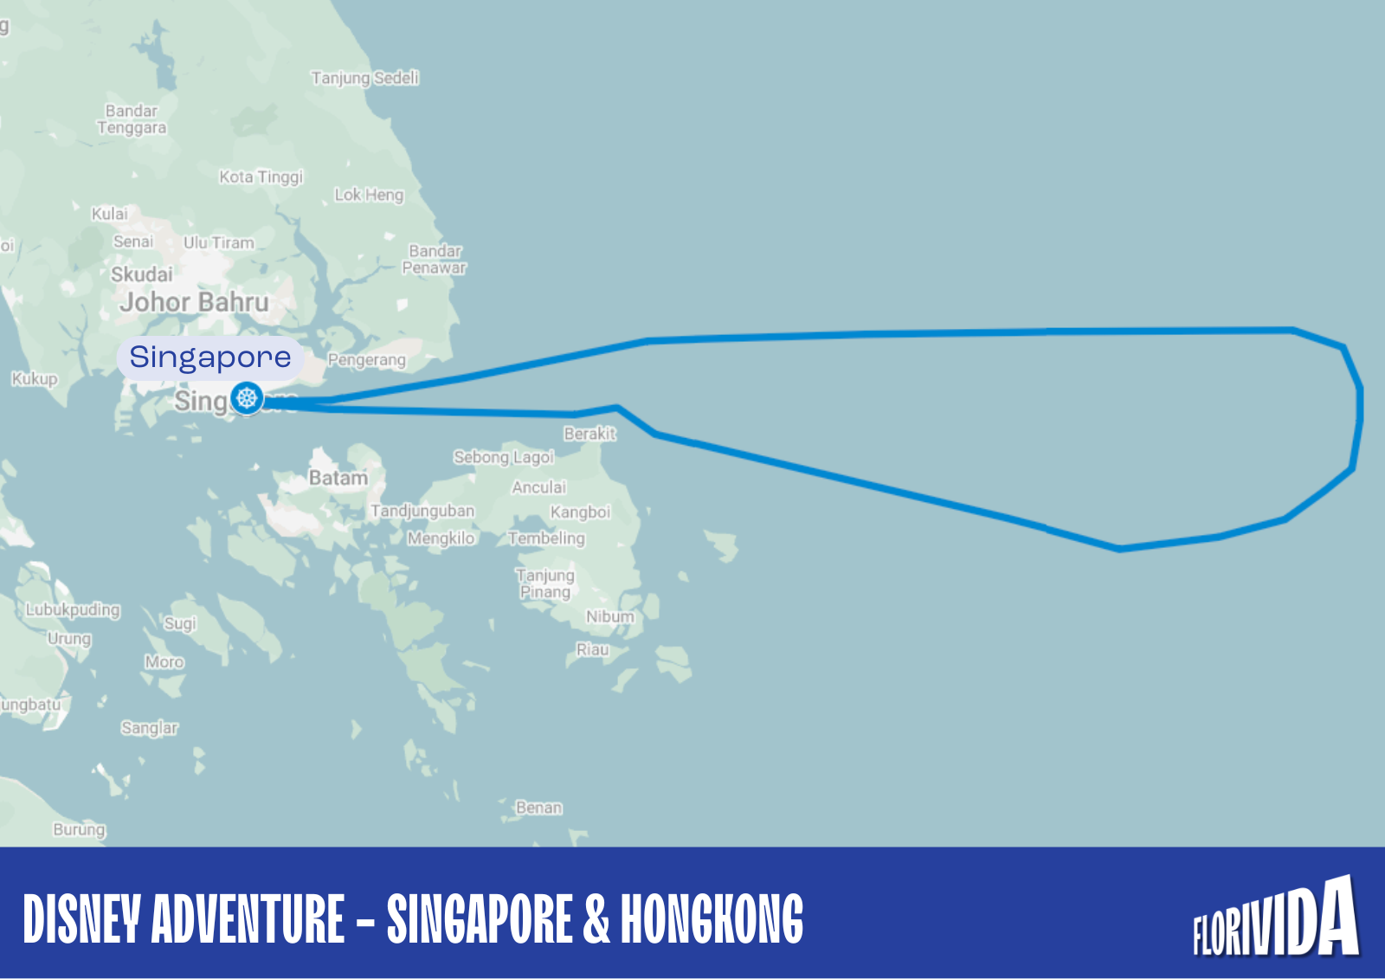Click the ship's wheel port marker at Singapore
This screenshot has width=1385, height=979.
coord(248,398)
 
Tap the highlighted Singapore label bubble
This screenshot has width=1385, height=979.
coord(209,357)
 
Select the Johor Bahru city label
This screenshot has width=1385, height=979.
coord(194,302)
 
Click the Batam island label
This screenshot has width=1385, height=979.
coord(338,478)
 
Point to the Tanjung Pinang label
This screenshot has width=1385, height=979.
coord(544,583)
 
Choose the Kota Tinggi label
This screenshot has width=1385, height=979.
coord(261,177)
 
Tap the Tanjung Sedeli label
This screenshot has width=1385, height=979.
coord(364,78)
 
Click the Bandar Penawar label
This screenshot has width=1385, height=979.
coord(435,260)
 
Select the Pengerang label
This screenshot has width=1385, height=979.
coord(366,360)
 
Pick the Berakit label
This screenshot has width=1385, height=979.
coord(589,434)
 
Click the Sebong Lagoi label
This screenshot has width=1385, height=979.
coord(503,457)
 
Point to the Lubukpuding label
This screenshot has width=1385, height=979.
coord(73,609)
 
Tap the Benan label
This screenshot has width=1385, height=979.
coord(538,808)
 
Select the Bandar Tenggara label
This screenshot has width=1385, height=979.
coord(132,119)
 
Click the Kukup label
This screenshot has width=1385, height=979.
coord(35,378)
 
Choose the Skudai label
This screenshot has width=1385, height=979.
coord(142,274)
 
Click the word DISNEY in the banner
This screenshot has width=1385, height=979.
coord(81,918)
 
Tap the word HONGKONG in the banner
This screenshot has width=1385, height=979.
coord(712,918)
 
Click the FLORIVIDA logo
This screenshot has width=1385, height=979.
coord(1276,919)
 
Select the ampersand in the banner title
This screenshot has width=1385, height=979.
coord(596,918)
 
